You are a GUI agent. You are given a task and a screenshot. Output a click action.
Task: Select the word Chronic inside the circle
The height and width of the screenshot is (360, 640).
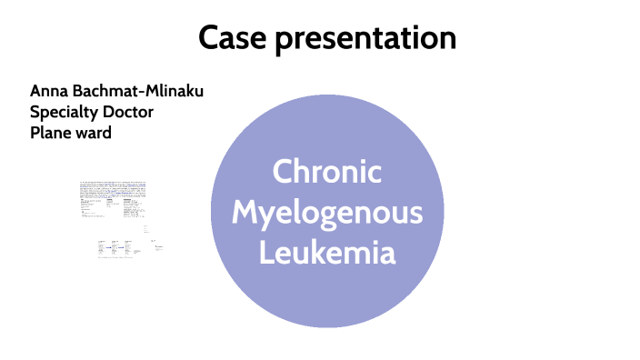coord(327,173)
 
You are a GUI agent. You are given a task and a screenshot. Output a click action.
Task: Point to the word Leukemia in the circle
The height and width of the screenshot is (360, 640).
coord(327,252)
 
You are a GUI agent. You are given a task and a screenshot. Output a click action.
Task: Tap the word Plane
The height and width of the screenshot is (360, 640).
coord(50,133)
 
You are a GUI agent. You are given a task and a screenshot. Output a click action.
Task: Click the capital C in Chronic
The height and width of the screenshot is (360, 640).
coord(284,173)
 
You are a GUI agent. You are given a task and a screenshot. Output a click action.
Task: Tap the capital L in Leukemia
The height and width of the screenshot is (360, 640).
coord(266,252)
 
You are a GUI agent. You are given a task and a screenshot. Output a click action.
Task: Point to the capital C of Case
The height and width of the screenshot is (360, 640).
coord(207,39)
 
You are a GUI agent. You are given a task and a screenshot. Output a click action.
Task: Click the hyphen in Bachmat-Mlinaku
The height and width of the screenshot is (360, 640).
coord(143,92)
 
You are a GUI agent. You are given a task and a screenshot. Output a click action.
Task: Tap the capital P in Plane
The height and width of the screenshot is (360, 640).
coord(35,133)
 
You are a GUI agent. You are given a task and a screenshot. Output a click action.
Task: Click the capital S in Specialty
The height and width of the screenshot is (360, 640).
coord(35,112)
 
